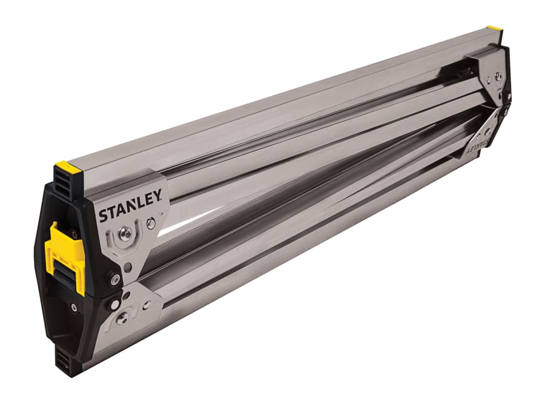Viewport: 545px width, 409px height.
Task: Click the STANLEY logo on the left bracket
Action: (x=130, y=206)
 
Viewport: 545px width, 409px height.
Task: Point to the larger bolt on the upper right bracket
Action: (x=498, y=77)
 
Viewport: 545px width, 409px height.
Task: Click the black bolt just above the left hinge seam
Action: (x=114, y=279)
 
